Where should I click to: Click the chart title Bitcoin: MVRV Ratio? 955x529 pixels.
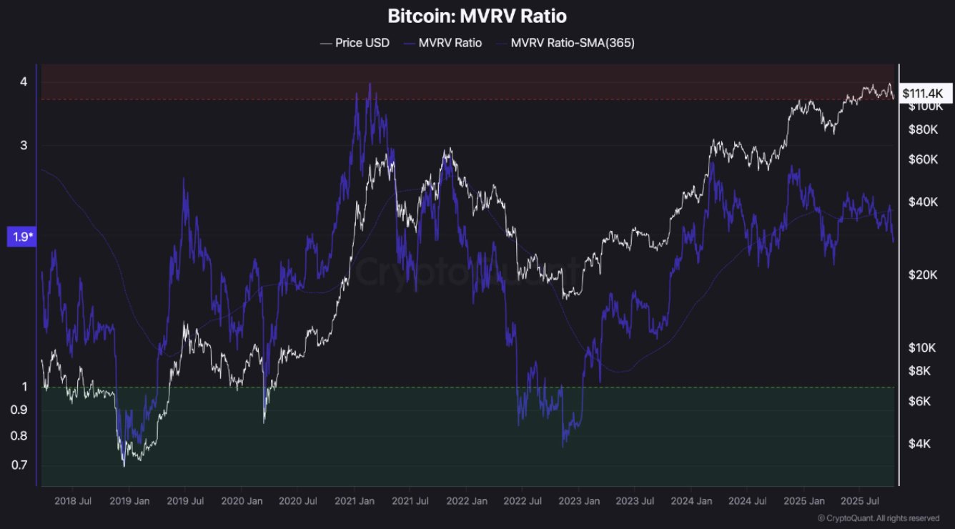point(477,16)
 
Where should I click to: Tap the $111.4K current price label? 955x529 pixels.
point(923,93)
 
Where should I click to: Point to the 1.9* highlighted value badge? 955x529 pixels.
point(21,237)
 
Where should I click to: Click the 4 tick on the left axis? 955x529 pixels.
point(24,81)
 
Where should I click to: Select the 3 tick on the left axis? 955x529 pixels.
point(24,145)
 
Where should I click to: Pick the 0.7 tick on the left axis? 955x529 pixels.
point(21,465)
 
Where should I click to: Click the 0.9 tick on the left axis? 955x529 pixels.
point(21,410)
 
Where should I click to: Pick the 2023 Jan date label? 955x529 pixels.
point(580,501)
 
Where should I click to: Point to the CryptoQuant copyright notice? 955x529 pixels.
point(879,518)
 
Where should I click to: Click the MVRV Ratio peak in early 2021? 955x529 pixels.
point(370,84)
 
